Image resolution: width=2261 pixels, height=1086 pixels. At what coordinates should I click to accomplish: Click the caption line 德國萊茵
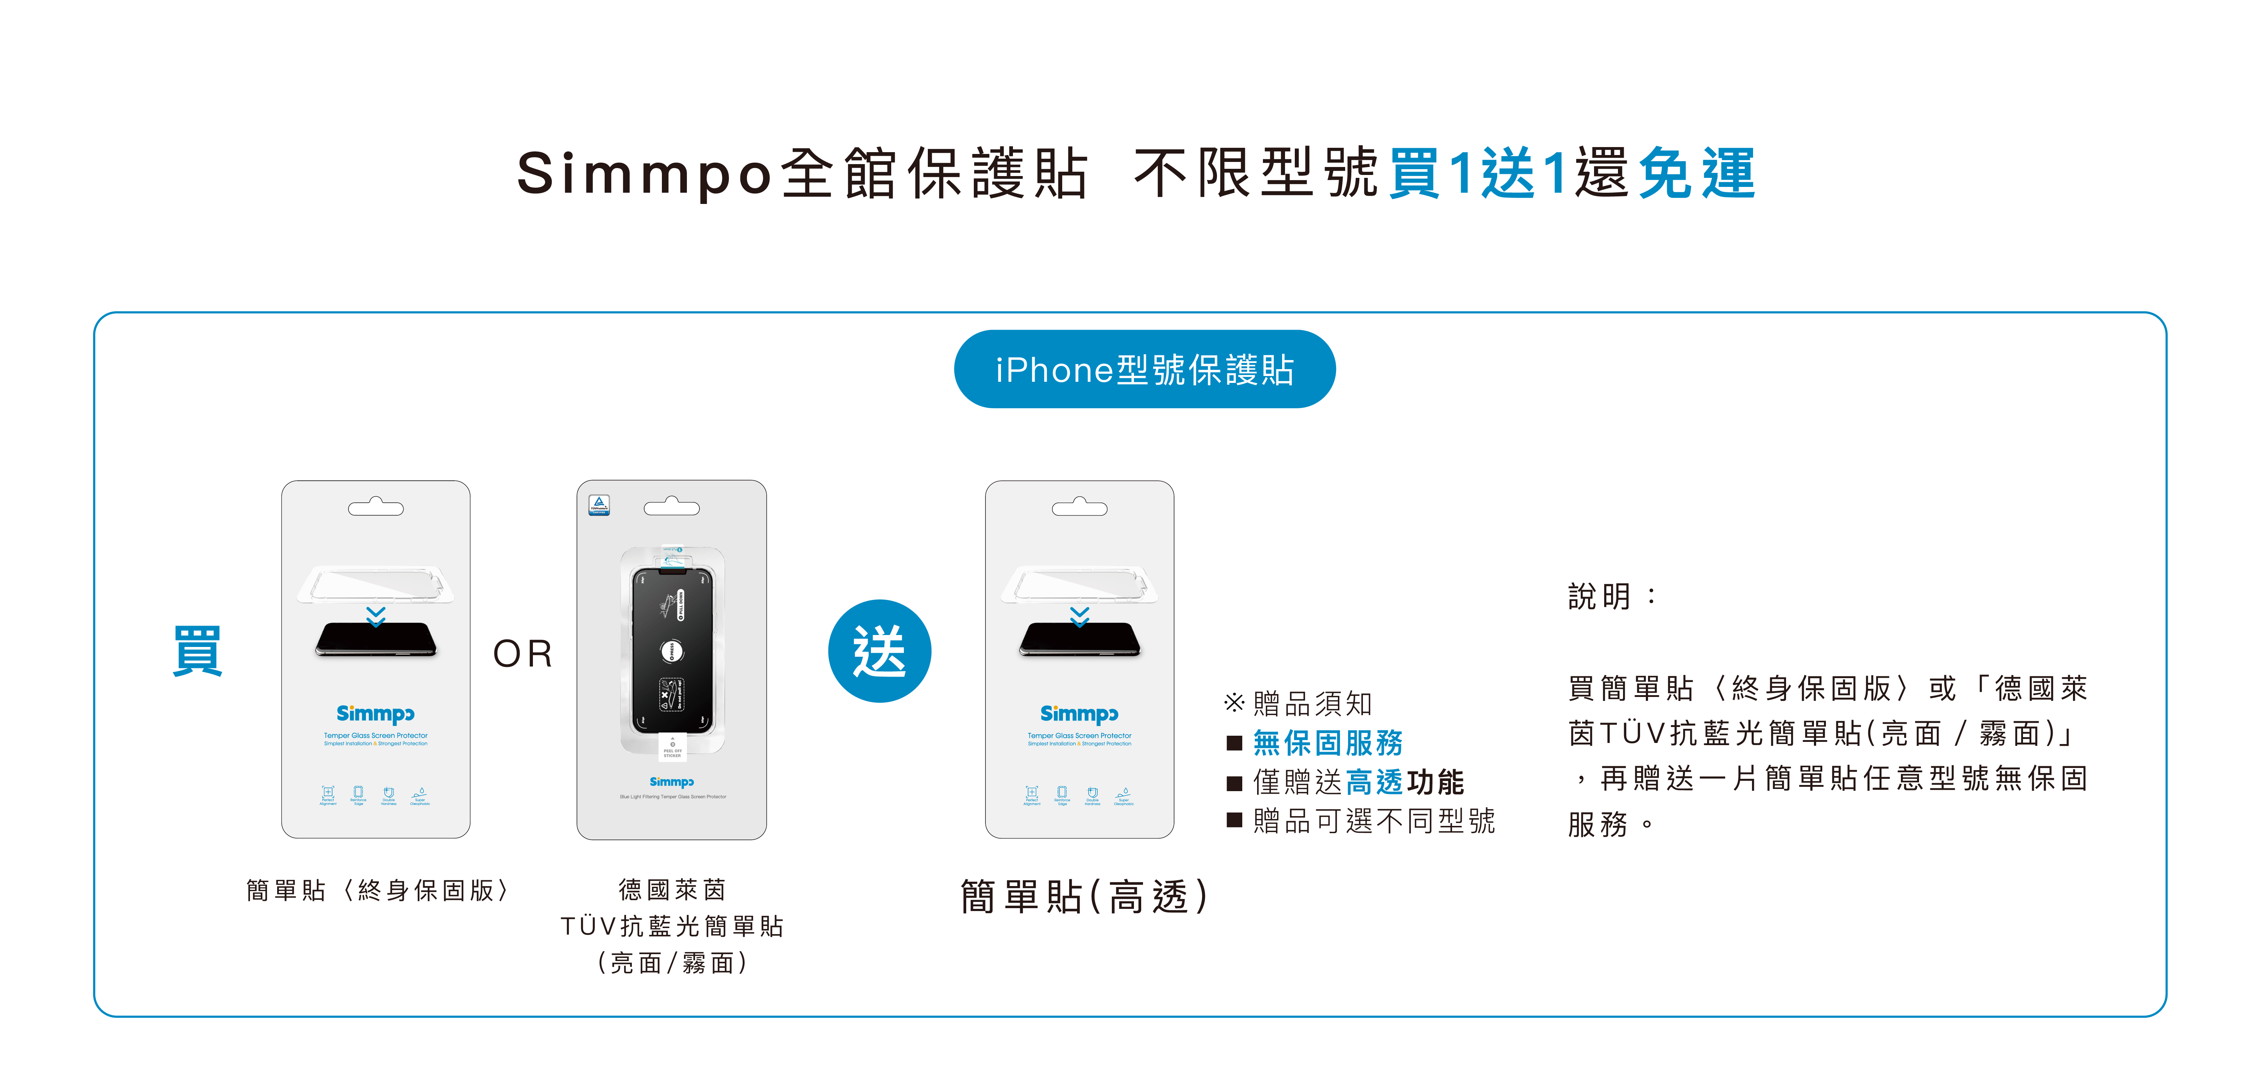(x=672, y=889)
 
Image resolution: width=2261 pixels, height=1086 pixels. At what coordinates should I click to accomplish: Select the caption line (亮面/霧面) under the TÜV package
(x=672, y=963)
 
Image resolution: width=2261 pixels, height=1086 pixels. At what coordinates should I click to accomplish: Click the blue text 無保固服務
(x=1327, y=743)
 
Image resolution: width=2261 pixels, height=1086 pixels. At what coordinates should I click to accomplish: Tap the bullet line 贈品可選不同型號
(x=1374, y=821)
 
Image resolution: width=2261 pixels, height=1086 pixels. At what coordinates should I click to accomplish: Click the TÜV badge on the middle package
(x=598, y=505)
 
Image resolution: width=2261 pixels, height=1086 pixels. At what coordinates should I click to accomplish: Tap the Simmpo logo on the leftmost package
(x=376, y=713)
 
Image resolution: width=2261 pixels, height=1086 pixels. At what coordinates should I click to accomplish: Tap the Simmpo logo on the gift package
(x=1080, y=713)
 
